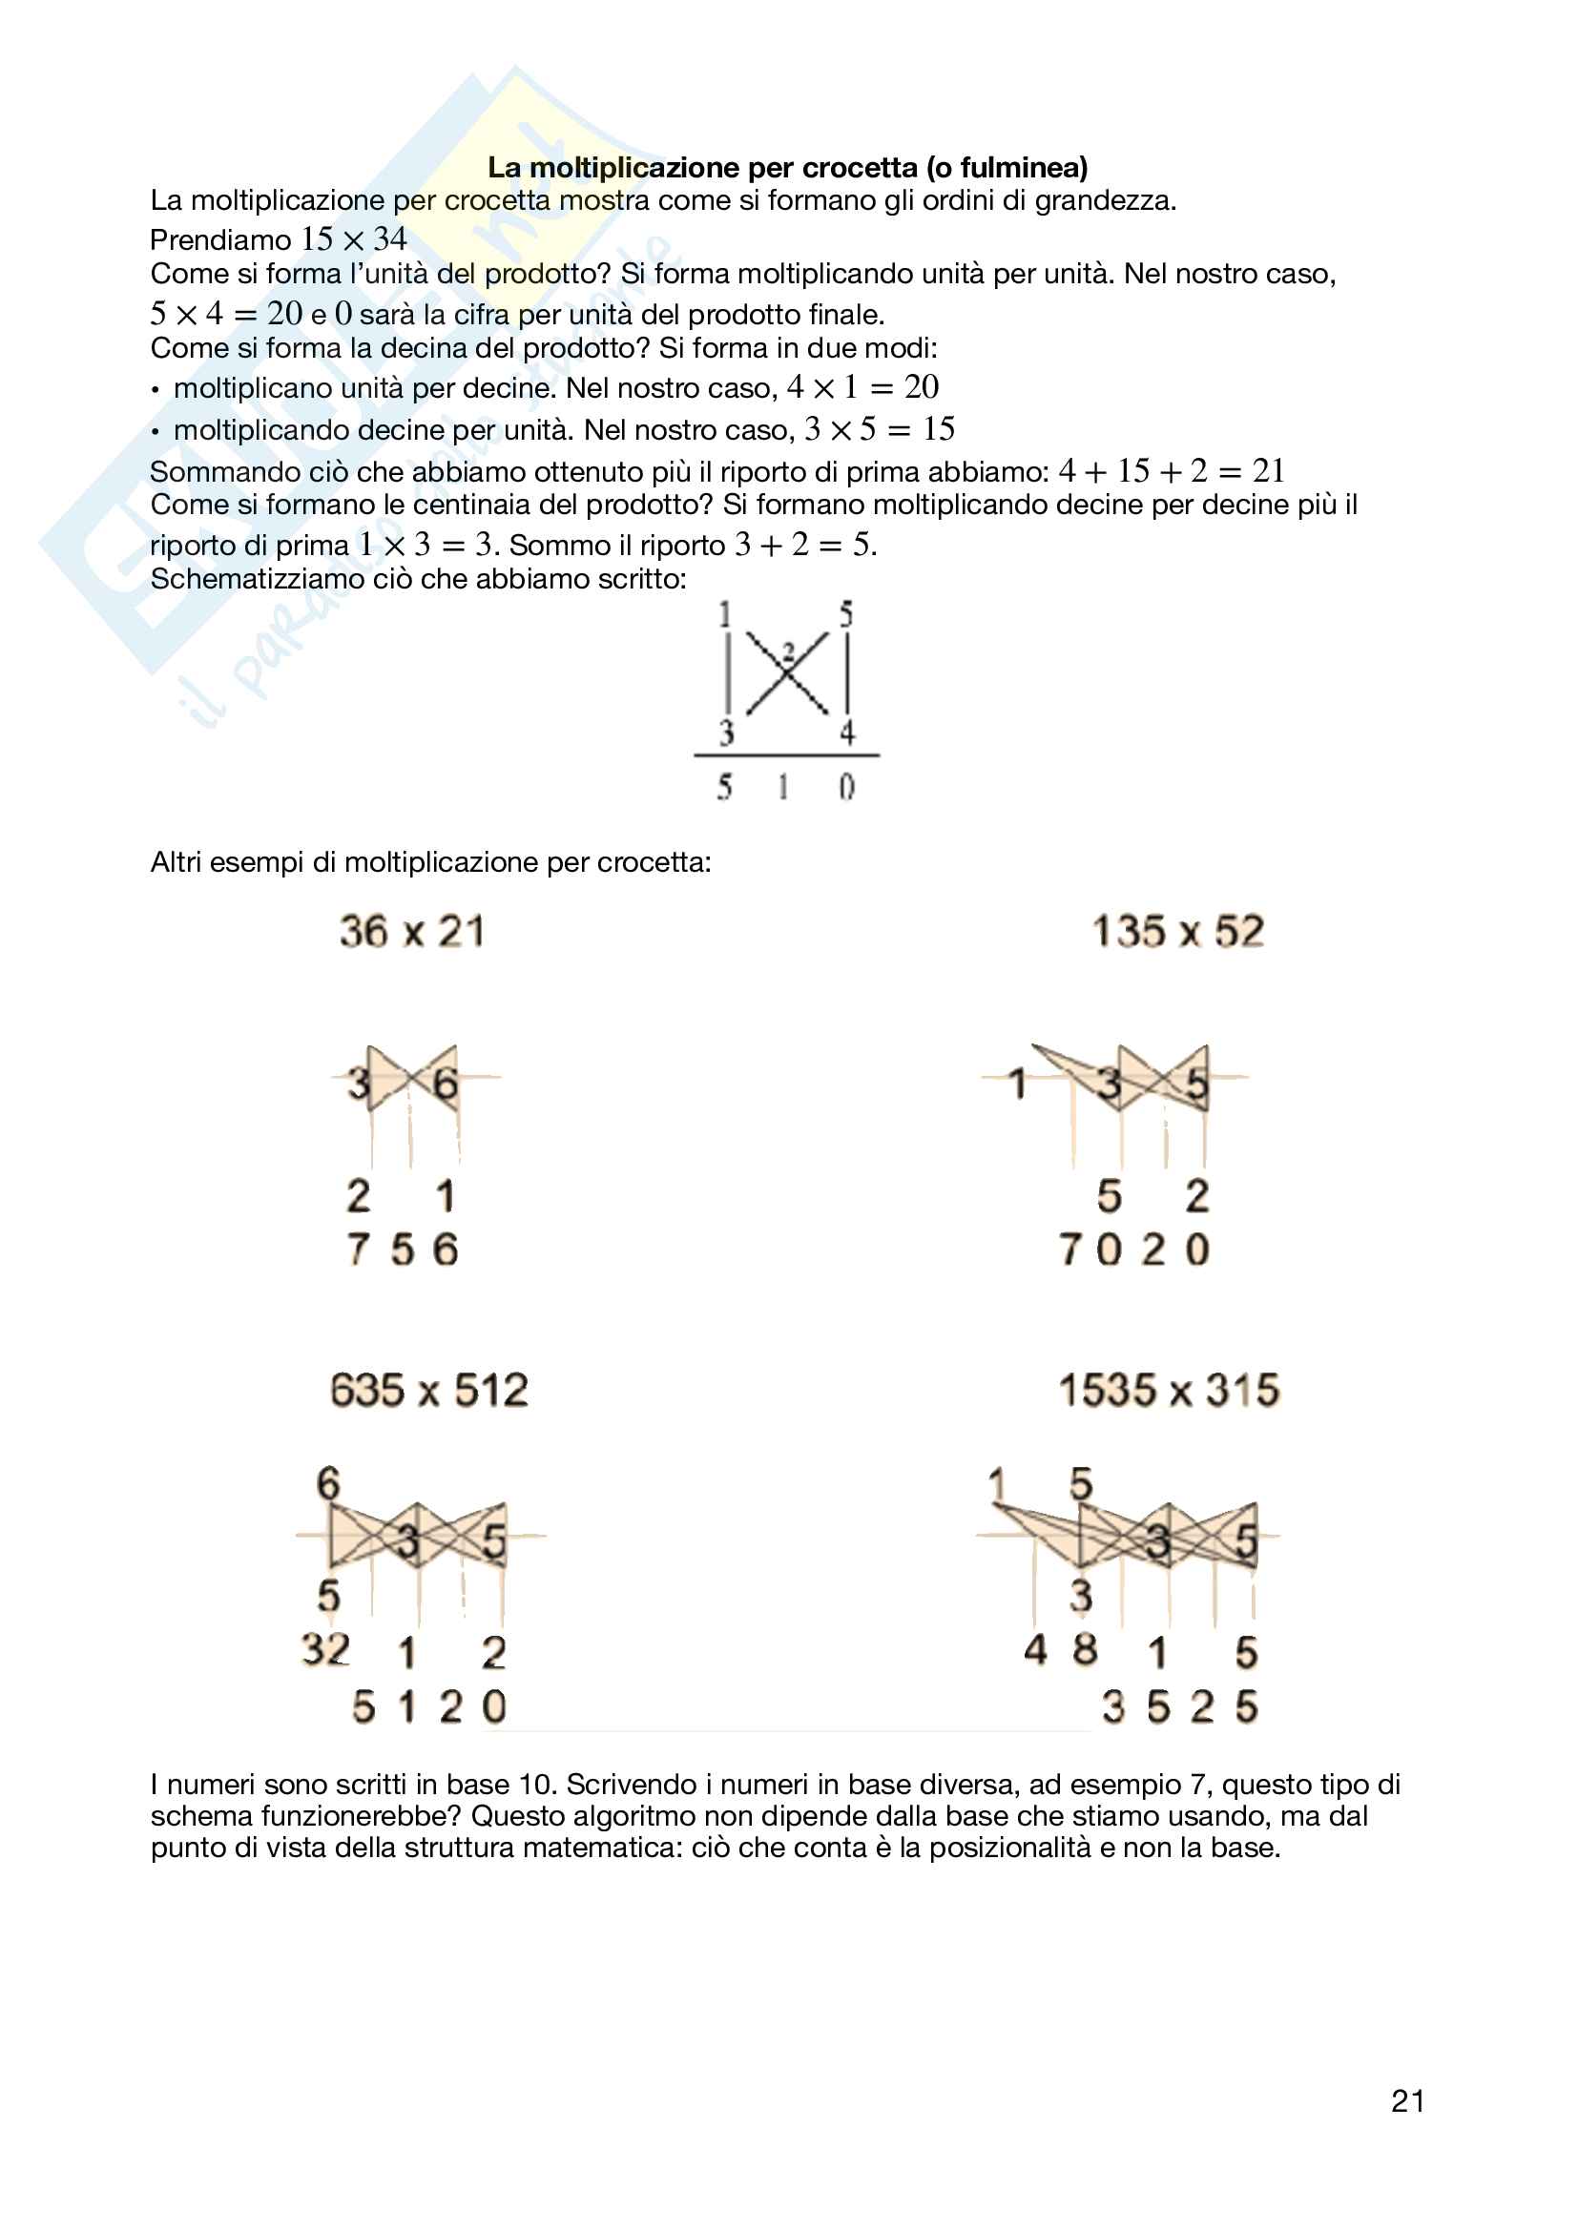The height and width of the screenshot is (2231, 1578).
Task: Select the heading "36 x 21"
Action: point(412,932)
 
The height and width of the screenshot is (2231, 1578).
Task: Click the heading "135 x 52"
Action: point(1177,932)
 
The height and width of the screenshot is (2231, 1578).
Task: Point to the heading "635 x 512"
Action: point(428,1391)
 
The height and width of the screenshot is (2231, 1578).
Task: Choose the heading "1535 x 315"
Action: point(1169,1391)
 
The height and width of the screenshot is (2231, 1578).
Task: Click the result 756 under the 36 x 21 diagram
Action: point(403,1250)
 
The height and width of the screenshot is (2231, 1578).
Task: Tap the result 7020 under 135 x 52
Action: point(1134,1250)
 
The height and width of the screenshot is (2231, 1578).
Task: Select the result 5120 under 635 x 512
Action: point(428,1707)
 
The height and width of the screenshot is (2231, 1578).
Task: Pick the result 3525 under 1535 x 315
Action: point(1179,1707)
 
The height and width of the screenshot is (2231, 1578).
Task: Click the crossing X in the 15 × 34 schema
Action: point(788,672)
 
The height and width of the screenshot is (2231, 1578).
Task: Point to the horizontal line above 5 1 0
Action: point(786,755)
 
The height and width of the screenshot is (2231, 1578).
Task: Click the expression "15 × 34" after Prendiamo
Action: point(354,239)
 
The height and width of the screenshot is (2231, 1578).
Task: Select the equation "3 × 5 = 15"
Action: point(880,429)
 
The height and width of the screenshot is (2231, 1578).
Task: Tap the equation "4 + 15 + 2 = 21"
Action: point(1171,471)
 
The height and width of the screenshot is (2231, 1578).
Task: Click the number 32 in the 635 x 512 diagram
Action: point(325,1649)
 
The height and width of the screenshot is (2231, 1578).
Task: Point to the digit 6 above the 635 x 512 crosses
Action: point(328,1484)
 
